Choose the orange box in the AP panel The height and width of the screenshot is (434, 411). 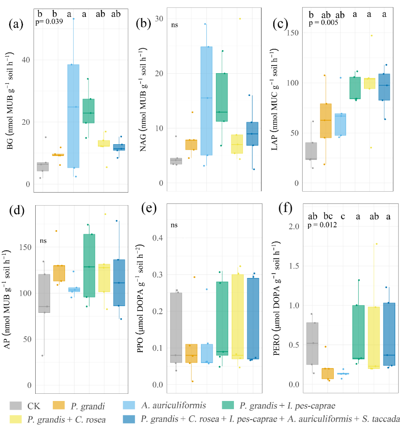pos(59,273)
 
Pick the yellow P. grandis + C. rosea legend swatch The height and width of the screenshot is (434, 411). pos(18,420)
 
